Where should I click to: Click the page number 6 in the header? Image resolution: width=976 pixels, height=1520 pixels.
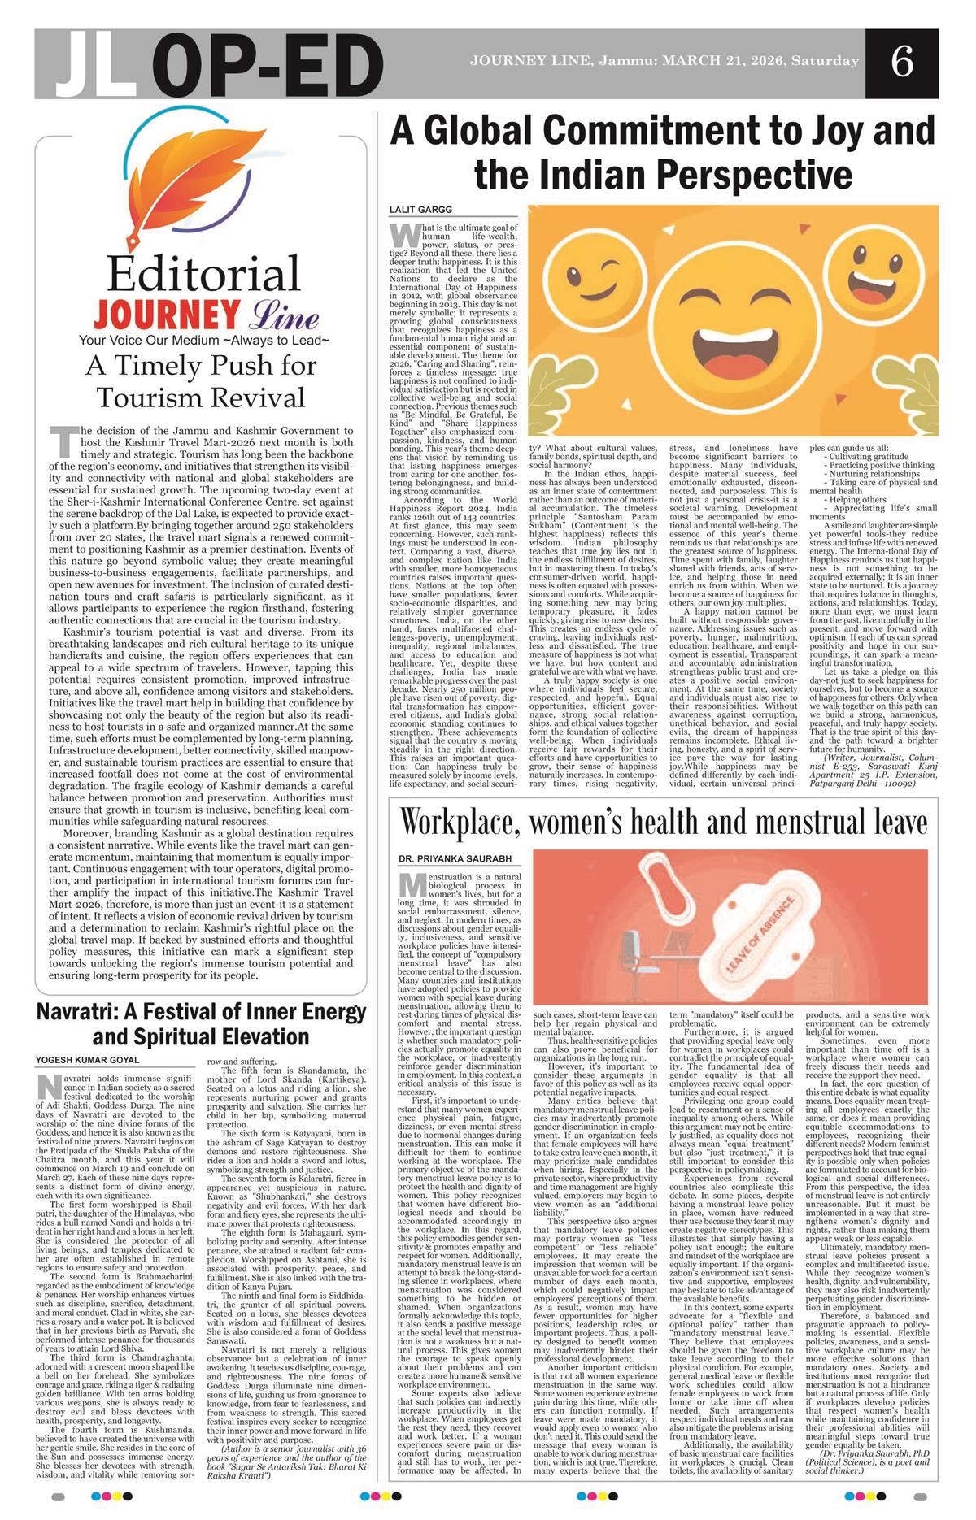[x=901, y=63]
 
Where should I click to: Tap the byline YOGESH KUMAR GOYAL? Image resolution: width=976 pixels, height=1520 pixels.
[x=87, y=1060]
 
